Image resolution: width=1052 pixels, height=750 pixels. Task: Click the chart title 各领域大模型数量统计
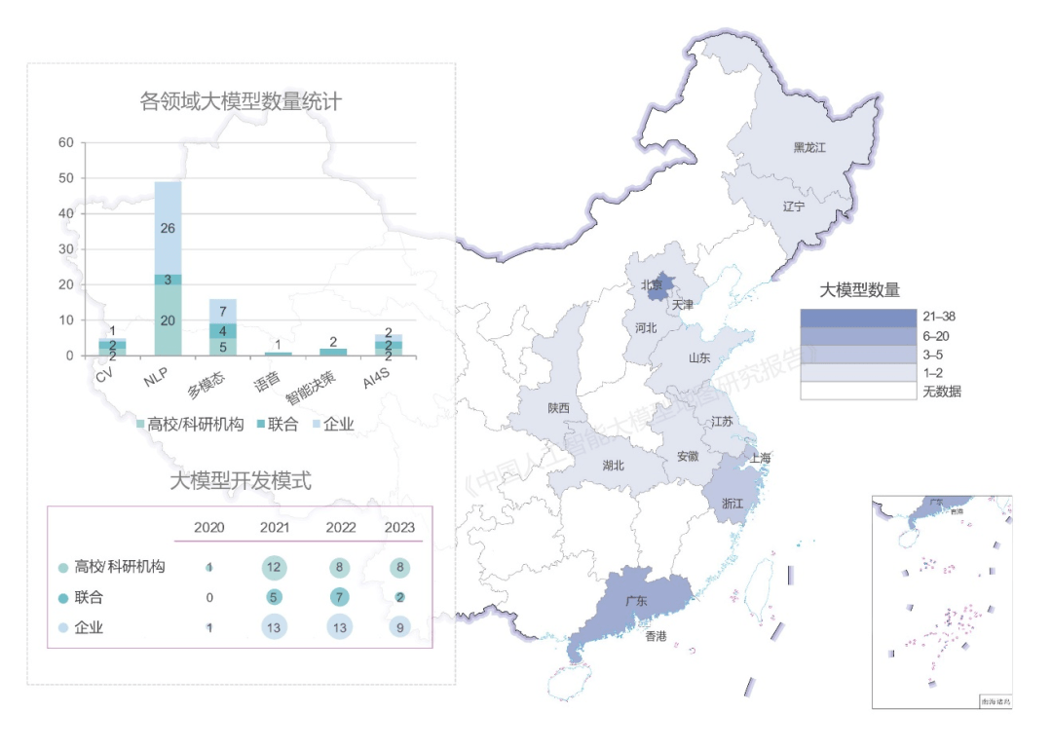click(x=241, y=101)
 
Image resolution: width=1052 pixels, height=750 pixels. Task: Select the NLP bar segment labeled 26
click(x=168, y=228)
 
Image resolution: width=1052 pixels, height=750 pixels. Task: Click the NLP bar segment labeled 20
click(x=168, y=320)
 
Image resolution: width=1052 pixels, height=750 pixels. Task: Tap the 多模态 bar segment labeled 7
click(x=223, y=312)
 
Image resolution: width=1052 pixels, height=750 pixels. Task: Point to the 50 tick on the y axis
click(x=66, y=178)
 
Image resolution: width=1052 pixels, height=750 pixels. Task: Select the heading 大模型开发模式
click(x=241, y=480)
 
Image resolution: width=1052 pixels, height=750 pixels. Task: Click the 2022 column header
click(x=341, y=527)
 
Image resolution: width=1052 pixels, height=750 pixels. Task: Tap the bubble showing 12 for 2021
click(x=275, y=567)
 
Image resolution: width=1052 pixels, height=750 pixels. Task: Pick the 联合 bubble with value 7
click(x=341, y=597)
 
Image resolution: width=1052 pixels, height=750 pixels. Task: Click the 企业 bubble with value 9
click(x=400, y=628)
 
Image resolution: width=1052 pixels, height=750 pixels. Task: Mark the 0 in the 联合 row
click(x=209, y=597)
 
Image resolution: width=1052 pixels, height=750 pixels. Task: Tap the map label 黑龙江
click(x=808, y=148)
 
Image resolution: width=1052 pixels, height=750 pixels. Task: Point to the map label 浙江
click(x=733, y=504)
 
